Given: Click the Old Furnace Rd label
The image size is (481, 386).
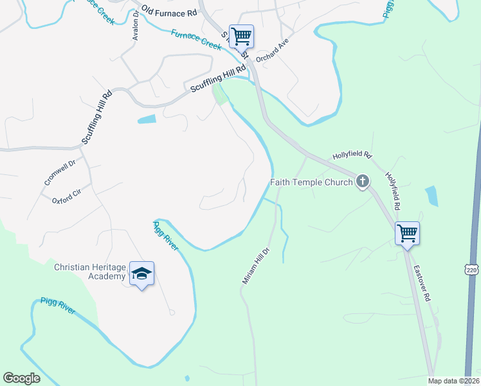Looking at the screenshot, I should pyautogui.click(x=170, y=12).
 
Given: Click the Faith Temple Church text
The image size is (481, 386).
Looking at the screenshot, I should pyautogui.click(x=311, y=182).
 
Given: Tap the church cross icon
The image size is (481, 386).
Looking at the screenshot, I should pyautogui.click(x=363, y=181).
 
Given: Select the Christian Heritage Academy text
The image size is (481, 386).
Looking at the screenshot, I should pyautogui.click(x=89, y=271).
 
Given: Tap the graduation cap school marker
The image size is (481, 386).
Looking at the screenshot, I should pyautogui.click(x=141, y=274).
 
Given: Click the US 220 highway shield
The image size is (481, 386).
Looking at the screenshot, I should pyautogui.click(x=472, y=266).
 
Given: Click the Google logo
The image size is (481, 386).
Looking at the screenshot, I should pyautogui.click(x=22, y=378).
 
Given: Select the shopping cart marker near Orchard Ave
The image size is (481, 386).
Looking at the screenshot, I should pyautogui.click(x=242, y=36).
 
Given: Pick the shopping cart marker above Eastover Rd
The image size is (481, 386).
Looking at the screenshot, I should pyautogui.click(x=408, y=233).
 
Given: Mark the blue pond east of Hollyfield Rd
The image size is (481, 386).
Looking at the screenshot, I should pyautogui.click(x=431, y=196).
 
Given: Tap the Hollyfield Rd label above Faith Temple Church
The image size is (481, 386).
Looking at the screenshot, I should pyautogui.click(x=352, y=156).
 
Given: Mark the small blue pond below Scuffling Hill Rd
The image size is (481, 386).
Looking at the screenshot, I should pyautogui.click(x=147, y=119).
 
